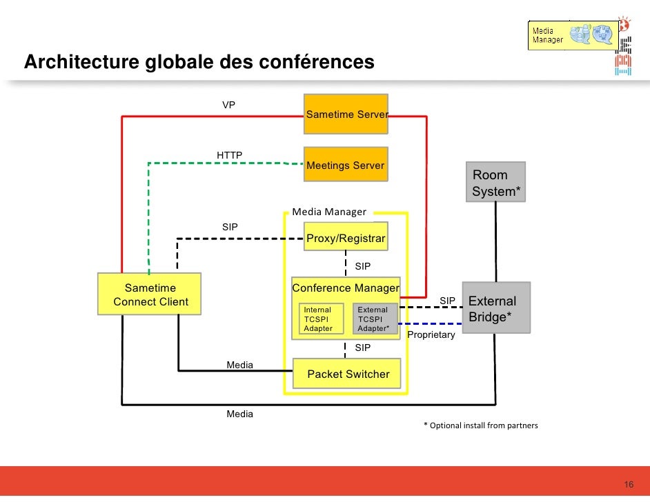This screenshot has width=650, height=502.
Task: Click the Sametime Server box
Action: tap(346, 114)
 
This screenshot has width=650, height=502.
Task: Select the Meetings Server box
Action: tap(346, 165)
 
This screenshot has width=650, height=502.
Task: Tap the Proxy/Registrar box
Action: tap(346, 239)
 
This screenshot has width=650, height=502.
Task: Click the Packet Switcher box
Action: tap(347, 374)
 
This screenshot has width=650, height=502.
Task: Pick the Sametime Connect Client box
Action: tap(150, 294)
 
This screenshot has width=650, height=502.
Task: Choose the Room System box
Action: tap(495, 182)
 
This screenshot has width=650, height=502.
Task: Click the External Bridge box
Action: tap(495, 308)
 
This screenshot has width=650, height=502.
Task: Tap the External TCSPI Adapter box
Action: tap(375, 319)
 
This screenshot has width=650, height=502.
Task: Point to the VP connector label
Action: tap(228, 105)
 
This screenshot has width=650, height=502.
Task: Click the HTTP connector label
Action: tap(229, 155)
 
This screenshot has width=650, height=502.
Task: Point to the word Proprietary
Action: tap(431, 334)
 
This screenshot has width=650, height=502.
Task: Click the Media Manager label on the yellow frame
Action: tap(329, 212)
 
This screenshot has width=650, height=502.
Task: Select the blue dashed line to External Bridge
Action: tap(431, 323)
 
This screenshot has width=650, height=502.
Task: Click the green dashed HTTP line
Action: tap(221, 163)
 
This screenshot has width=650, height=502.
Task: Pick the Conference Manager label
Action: tap(345, 288)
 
